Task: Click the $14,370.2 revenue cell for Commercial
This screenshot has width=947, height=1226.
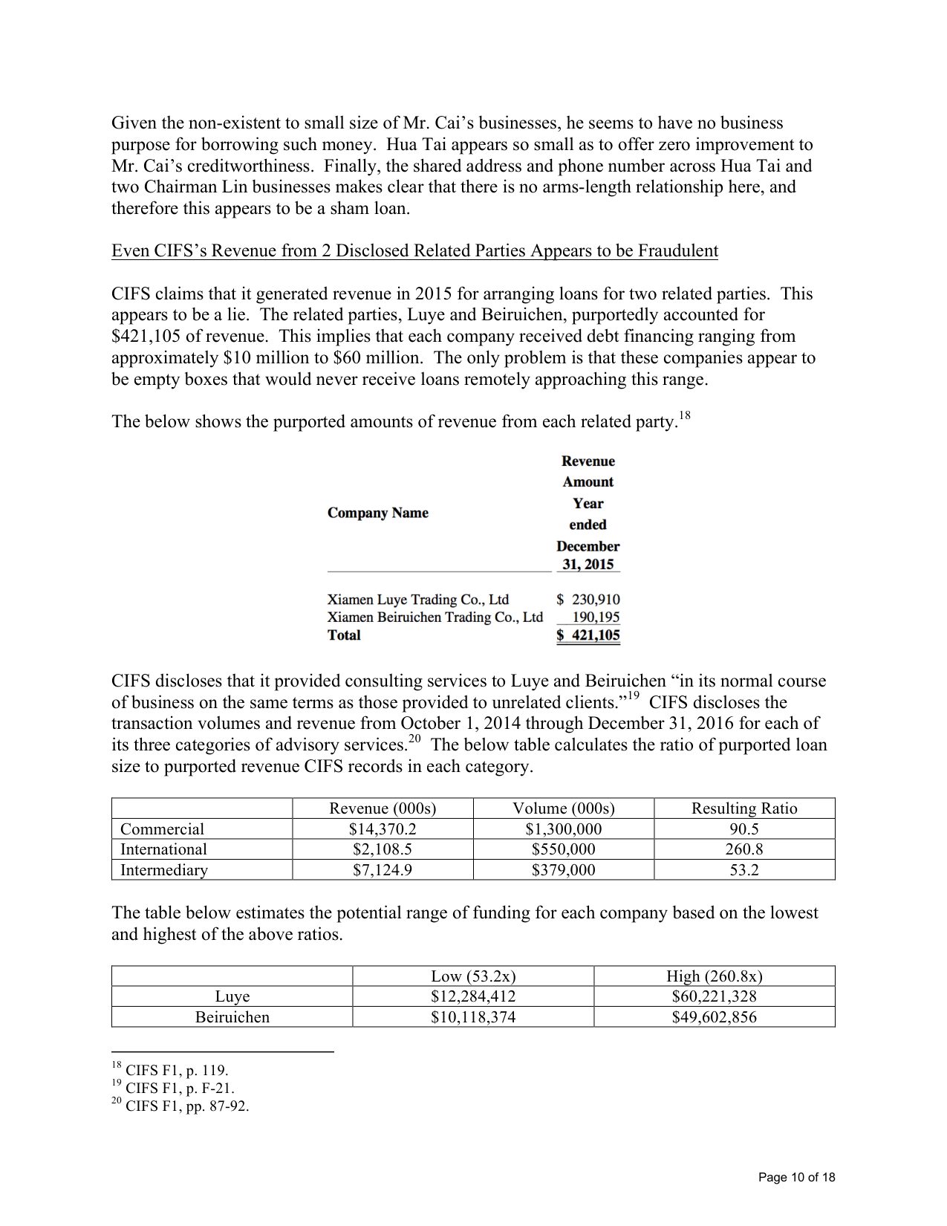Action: click(383, 828)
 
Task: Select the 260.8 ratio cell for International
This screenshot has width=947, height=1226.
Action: click(744, 849)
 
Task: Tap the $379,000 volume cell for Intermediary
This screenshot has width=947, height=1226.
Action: click(563, 870)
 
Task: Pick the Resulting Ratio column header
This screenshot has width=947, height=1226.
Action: click(744, 808)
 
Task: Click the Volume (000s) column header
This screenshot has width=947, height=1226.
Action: click(563, 808)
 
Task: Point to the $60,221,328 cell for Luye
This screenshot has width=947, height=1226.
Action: click(714, 996)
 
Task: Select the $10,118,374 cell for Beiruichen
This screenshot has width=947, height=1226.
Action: click(473, 1017)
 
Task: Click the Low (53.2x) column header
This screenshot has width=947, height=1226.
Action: click(473, 976)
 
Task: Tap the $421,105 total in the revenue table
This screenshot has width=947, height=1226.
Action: click(588, 635)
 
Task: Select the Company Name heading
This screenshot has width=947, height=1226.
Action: click(378, 513)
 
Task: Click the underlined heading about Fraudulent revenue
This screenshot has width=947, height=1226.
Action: click(414, 250)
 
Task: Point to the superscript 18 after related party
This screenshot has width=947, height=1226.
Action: click(686, 417)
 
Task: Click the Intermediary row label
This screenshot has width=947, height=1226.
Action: click(164, 870)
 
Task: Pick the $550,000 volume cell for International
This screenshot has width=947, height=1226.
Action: click(563, 849)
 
